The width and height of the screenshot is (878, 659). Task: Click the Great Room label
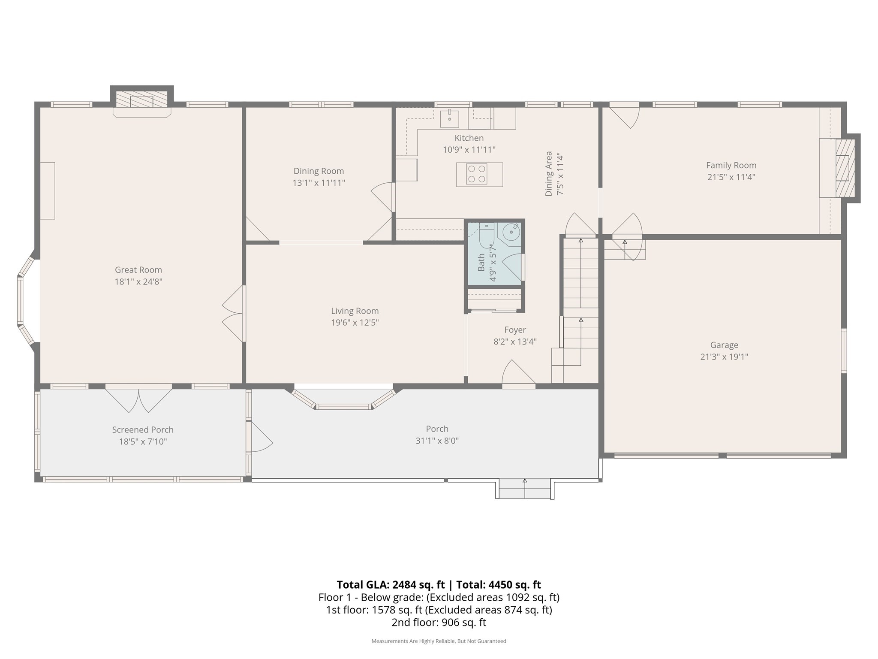(138, 270)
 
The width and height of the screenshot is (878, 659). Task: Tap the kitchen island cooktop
(477, 174)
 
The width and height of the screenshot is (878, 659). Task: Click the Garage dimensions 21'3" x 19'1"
(724, 357)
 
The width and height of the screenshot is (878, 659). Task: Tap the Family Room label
(731, 165)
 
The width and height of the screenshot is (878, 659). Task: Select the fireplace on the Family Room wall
(845, 168)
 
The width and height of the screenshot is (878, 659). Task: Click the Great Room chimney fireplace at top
(141, 100)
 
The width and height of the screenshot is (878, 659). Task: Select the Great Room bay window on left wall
(23, 301)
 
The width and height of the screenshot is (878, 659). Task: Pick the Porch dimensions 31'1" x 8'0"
(437, 441)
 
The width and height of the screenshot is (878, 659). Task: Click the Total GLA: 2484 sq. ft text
(391, 585)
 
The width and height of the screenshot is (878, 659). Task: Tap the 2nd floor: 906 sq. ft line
(439, 622)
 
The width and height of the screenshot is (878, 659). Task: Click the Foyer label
(515, 330)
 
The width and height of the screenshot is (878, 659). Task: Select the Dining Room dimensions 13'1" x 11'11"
(319, 183)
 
